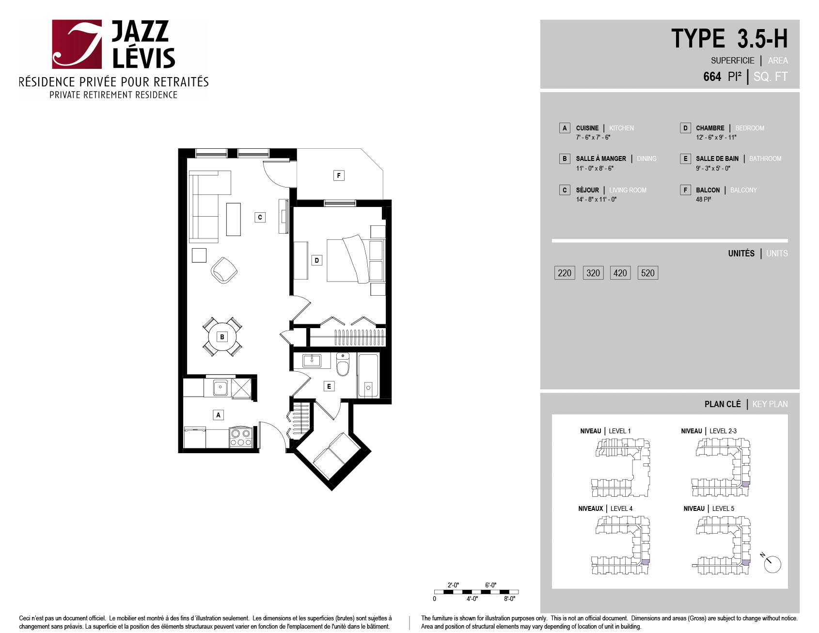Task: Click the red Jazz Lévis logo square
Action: coord(77,44)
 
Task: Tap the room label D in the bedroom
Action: coord(317,260)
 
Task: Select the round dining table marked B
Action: coord(222,337)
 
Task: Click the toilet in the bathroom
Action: coord(343,364)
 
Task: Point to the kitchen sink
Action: coord(220,388)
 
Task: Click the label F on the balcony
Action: coord(339,175)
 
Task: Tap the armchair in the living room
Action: coord(224,270)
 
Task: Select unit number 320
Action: coord(593,273)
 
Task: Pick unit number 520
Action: coord(647,273)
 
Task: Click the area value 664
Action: coord(712,77)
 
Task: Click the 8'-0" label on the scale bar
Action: coord(509,599)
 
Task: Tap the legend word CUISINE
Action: coord(587,128)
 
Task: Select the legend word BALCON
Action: coord(708,190)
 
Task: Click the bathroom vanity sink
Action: coord(312,361)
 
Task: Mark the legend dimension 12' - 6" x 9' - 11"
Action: coord(716,137)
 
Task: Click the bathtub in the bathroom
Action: coord(368,376)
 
